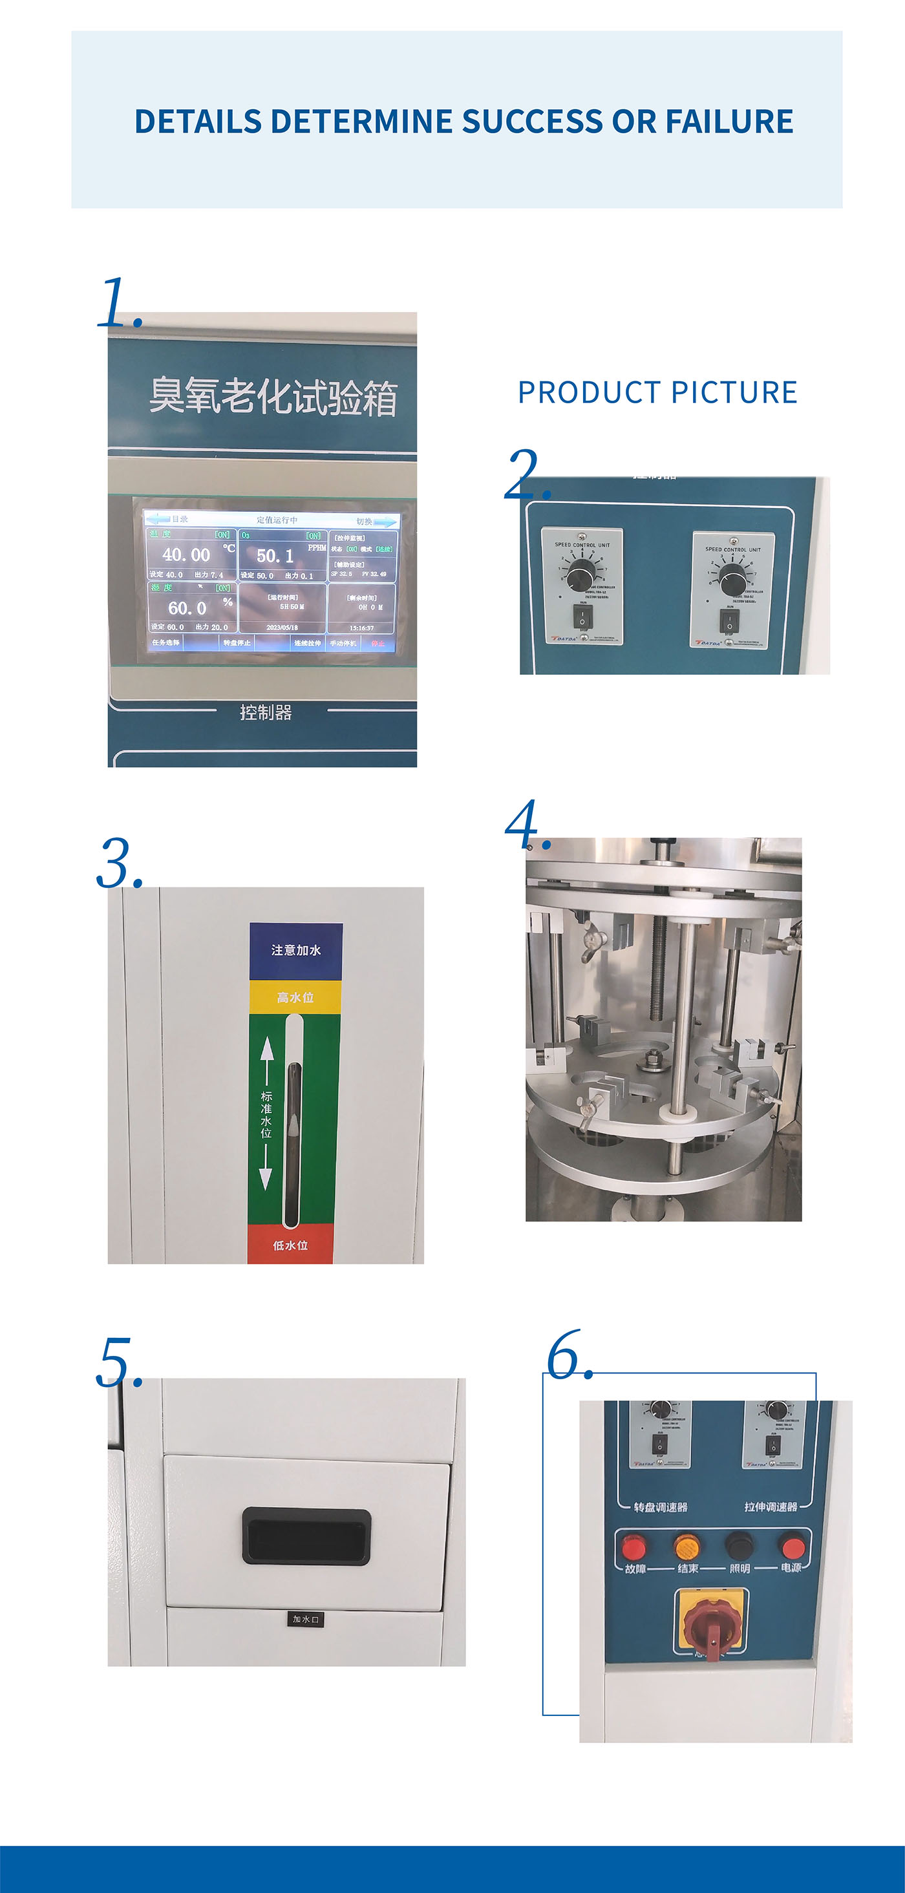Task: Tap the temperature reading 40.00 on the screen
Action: pyautogui.click(x=186, y=555)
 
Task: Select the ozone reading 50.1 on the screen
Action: pyautogui.click(x=275, y=556)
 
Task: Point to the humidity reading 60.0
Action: pyautogui.click(x=187, y=608)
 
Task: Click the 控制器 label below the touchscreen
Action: pyautogui.click(x=266, y=712)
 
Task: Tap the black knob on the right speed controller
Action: pyautogui.click(x=732, y=578)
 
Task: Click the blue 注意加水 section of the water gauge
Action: pyautogui.click(x=295, y=950)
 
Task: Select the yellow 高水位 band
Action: pyautogui.click(x=295, y=997)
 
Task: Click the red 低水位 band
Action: pyautogui.click(x=290, y=1245)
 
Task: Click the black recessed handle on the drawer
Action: pyautogui.click(x=306, y=1535)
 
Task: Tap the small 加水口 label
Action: pyautogui.click(x=306, y=1619)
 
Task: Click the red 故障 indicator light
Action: pyautogui.click(x=633, y=1547)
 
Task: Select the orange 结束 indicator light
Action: pyautogui.click(x=687, y=1546)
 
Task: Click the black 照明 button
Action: pyautogui.click(x=739, y=1546)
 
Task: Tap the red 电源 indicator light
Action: pyautogui.click(x=792, y=1547)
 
